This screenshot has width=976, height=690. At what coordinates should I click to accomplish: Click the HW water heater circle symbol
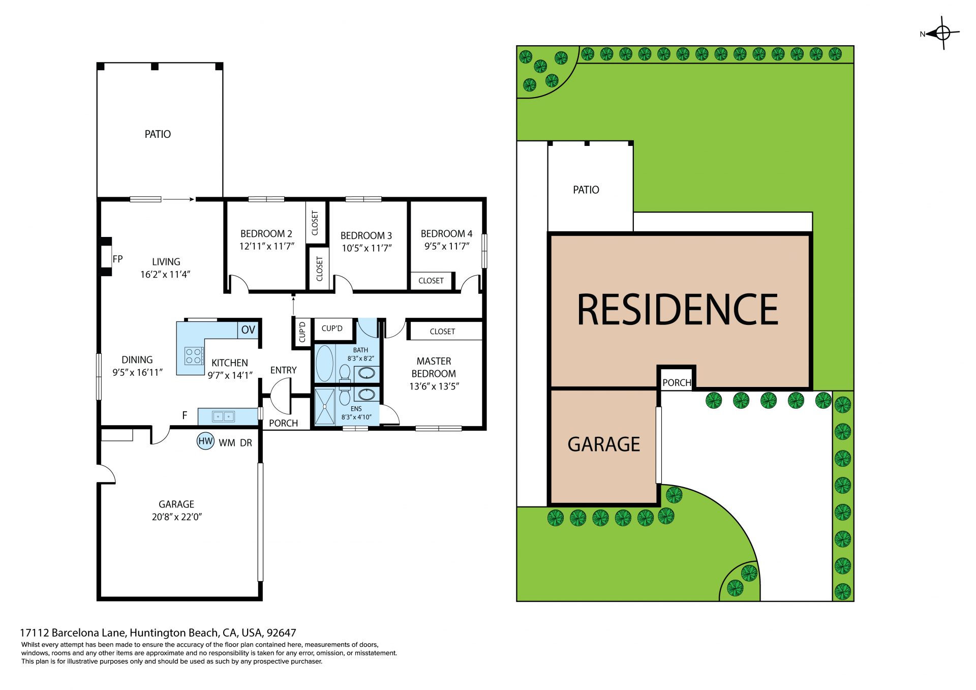(x=205, y=441)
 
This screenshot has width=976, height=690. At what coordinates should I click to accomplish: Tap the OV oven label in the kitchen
(x=248, y=329)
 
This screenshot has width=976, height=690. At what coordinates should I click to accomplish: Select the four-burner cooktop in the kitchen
(x=194, y=355)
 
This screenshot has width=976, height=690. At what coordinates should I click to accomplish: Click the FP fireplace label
(x=117, y=259)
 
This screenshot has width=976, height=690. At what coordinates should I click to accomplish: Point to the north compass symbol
(x=941, y=34)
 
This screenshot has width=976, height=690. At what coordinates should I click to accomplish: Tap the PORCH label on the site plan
(x=677, y=382)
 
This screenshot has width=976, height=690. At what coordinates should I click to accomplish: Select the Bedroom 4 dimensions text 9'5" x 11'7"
(x=447, y=246)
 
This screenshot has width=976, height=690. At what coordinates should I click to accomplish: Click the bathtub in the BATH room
(x=324, y=363)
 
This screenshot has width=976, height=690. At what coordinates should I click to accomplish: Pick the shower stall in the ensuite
(x=325, y=406)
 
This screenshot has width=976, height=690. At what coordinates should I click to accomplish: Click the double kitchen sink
(x=223, y=416)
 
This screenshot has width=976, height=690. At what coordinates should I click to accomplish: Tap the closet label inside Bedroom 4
(x=431, y=281)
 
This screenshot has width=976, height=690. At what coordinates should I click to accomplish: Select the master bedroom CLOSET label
(x=442, y=332)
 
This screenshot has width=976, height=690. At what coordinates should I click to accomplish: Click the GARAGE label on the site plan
(x=604, y=444)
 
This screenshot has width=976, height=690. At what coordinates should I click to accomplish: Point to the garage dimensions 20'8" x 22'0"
(x=177, y=517)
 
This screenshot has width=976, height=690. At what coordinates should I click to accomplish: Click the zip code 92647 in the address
(x=281, y=633)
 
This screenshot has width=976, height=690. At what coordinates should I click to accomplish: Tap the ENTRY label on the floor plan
(x=284, y=370)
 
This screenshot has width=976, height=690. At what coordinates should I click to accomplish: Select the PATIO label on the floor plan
(x=158, y=134)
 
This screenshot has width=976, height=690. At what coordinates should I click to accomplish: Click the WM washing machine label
(x=227, y=443)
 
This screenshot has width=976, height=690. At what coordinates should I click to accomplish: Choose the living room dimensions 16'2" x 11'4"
(x=165, y=275)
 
